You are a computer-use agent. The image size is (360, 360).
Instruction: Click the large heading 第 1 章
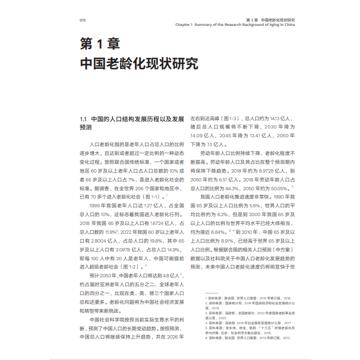click(x=100, y=44)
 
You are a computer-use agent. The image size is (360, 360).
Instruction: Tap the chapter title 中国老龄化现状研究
click(x=139, y=63)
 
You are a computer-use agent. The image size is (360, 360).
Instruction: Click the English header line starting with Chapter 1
click(x=235, y=25)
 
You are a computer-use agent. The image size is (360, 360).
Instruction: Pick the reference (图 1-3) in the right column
click(x=228, y=119)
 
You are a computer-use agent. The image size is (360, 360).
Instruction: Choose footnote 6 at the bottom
click(x=248, y=338)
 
